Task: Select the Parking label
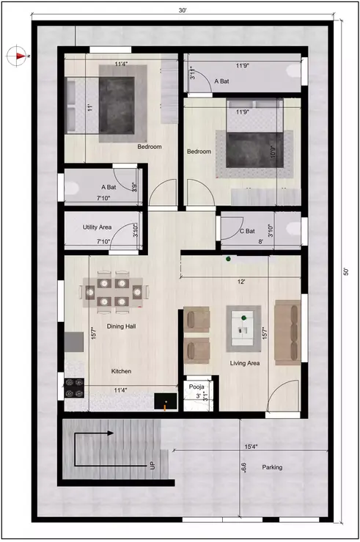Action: pyautogui.click(x=272, y=466)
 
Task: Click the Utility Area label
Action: pyautogui.click(x=97, y=228)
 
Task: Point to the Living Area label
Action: pyautogui.click(x=245, y=362)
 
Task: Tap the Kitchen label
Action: pyautogui.click(x=121, y=371)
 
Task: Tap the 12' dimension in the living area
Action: pyautogui.click(x=240, y=282)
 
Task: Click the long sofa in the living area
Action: pyautogui.click(x=286, y=332)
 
